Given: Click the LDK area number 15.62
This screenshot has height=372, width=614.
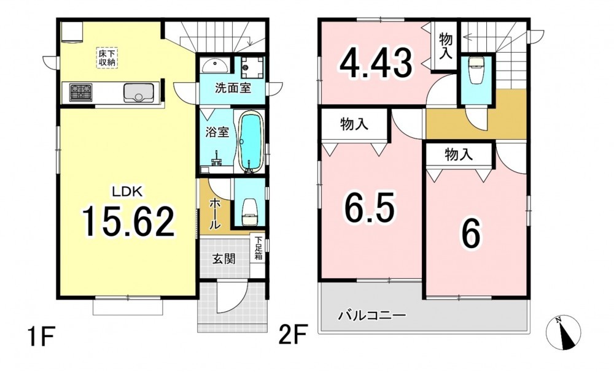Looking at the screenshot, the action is pos(128,221).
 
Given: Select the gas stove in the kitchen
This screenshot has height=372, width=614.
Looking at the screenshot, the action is pos(81,93).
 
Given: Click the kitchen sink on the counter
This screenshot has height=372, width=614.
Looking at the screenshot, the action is pos(138,93).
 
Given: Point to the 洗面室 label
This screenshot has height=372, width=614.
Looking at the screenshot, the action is pos(233,88).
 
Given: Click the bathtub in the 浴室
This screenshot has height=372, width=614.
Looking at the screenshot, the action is pos(250,142).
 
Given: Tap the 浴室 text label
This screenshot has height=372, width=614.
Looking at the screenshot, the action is pos(217,132).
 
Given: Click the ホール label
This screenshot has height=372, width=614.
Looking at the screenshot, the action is pos(215,213).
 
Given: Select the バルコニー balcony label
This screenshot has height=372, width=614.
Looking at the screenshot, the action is pos(371,315).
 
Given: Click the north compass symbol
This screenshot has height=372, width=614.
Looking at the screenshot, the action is pos(563,332).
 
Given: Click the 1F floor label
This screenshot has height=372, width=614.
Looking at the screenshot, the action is pos(41,336).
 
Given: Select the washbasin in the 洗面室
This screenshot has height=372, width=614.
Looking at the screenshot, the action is pos(215,65).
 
